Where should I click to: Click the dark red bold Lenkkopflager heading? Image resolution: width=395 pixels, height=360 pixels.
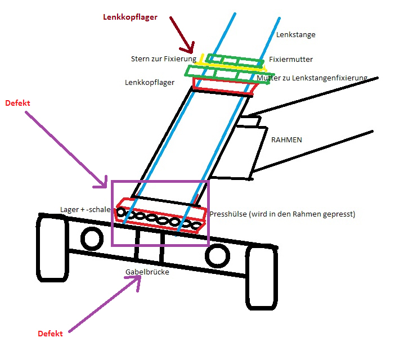(130, 17)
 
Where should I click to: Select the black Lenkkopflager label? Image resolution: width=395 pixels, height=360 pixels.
(150, 82)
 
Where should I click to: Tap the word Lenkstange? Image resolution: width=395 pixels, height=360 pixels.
(296, 35)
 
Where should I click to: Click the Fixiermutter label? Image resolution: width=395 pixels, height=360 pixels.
(291, 59)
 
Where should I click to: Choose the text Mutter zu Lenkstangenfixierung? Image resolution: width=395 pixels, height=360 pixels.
(312, 78)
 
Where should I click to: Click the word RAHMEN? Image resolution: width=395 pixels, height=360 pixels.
(286, 139)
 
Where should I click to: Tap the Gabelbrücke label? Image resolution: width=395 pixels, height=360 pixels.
(147, 272)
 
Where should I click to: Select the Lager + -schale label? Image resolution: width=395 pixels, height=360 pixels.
(86, 209)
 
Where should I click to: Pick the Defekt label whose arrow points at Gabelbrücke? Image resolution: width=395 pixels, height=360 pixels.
(50, 334)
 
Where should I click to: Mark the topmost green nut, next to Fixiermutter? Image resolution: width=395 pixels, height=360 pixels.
(235, 60)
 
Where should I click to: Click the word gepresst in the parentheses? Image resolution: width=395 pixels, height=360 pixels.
(339, 214)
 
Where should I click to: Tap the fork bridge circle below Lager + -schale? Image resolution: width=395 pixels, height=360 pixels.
(91, 238)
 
